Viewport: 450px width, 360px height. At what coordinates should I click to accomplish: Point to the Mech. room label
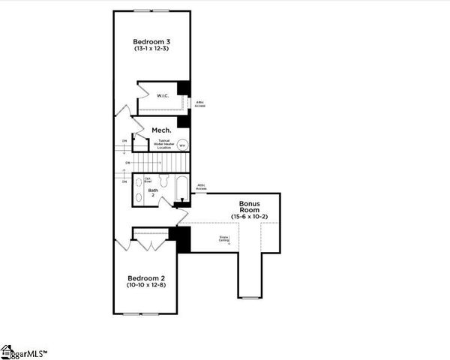coord(162,130)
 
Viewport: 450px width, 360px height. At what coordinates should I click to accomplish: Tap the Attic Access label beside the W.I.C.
coord(200,103)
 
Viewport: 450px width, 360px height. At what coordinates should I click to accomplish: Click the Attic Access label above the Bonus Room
coord(202,186)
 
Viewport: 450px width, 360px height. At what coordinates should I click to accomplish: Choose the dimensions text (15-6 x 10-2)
coord(249,216)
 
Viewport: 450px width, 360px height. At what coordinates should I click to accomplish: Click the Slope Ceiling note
coord(223,239)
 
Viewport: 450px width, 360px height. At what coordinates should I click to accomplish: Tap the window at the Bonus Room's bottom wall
coord(249,298)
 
